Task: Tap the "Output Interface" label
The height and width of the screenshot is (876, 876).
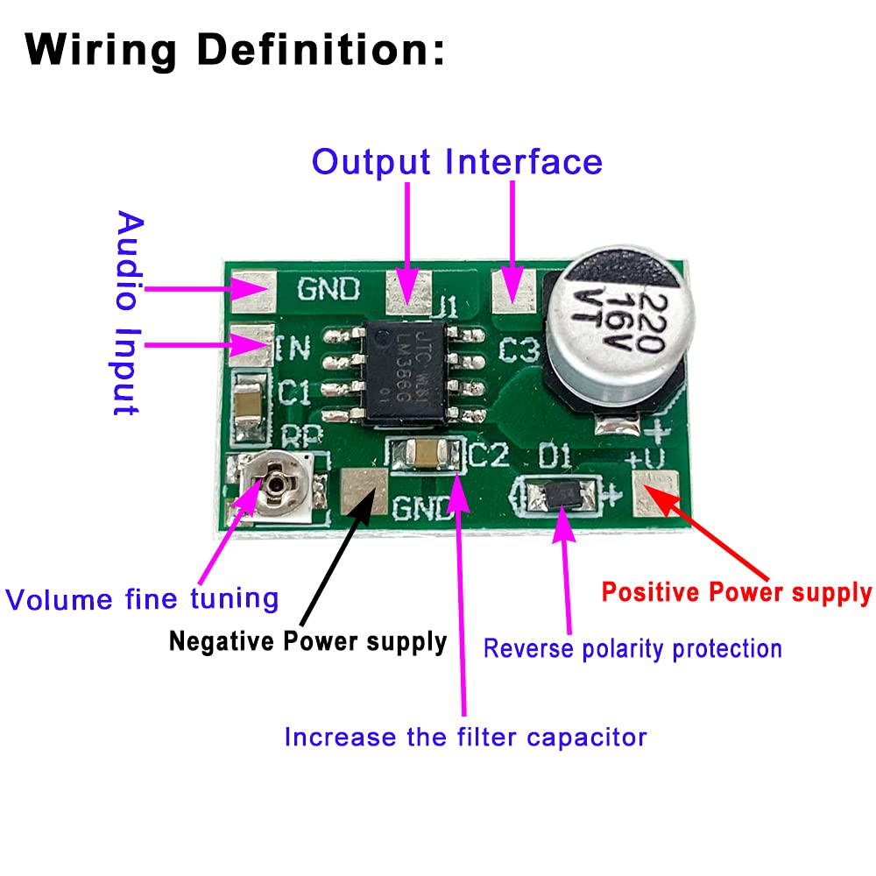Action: tap(457, 162)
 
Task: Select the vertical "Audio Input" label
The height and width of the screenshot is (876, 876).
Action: tap(129, 313)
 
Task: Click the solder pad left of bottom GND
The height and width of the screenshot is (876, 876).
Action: tap(364, 491)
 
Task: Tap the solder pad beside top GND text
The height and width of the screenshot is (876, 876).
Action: tap(253, 289)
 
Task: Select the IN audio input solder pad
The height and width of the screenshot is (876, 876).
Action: tap(251, 343)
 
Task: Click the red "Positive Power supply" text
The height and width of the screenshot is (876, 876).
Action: tap(737, 593)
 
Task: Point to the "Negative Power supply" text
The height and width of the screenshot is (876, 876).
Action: tap(307, 641)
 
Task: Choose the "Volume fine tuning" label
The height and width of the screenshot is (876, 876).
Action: tap(142, 599)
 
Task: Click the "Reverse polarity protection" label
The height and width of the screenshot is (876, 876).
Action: tap(632, 648)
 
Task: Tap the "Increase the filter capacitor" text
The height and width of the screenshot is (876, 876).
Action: tap(465, 737)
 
